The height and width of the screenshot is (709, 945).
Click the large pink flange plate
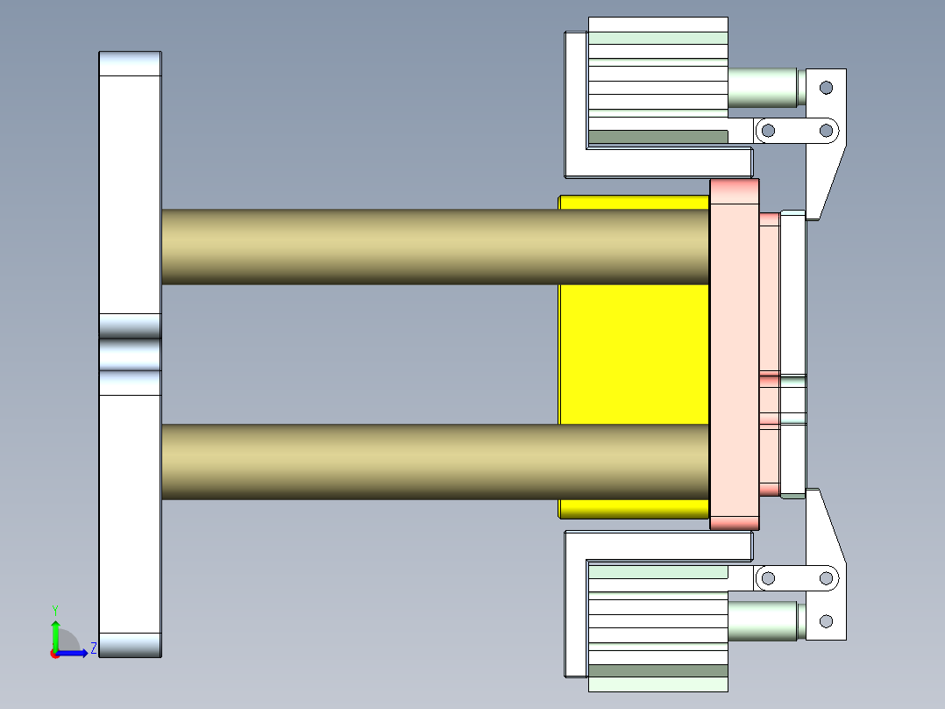point(734,354)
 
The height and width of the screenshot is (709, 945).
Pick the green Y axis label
point(54,610)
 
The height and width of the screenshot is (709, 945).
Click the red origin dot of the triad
point(54,654)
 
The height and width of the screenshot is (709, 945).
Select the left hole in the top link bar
point(768,131)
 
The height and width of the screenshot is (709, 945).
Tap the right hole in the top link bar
point(825,131)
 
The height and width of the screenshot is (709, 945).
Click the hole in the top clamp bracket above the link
point(825,87)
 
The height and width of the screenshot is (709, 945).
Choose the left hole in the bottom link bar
point(768,578)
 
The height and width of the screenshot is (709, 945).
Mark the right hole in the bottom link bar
point(825,578)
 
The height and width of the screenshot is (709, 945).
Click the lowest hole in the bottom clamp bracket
point(825,621)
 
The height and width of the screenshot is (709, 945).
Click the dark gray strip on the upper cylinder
point(657,137)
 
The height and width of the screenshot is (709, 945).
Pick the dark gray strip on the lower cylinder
point(657,671)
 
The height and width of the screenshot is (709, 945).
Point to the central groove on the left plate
point(130,354)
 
